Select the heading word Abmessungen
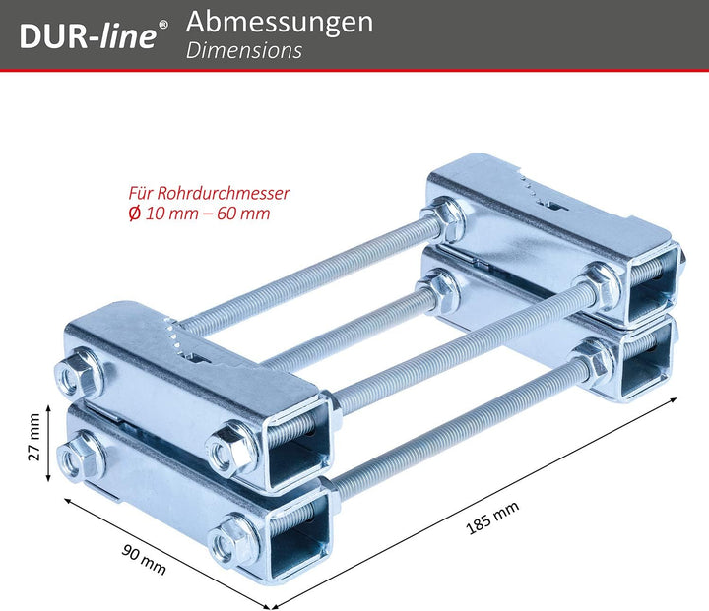coord(280,23)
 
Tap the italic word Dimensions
coord(244,50)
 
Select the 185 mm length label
coord(492,519)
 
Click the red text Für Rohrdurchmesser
coord(209,193)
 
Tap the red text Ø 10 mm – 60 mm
coord(199,214)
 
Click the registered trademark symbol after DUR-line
coord(163,24)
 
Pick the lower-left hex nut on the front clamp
coord(80,456)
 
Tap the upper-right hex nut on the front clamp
coord(230,448)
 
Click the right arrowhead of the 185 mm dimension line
coord(674,399)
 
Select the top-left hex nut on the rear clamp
coord(442,219)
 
